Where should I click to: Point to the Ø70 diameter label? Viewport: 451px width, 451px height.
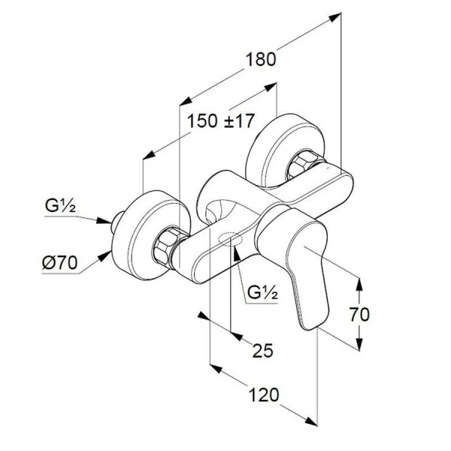(58, 263)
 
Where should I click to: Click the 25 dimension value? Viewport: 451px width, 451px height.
(262, 350)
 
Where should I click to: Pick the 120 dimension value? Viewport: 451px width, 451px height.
(264, 394)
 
